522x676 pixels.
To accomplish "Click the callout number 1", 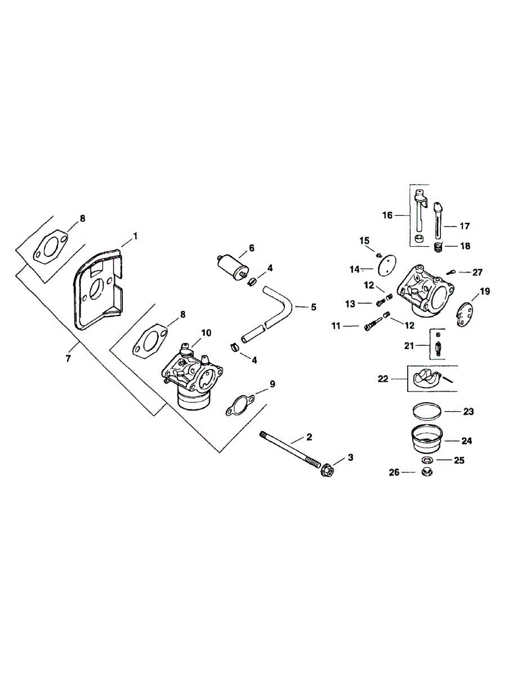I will [135, 234].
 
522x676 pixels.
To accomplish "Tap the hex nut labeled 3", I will [327, 469].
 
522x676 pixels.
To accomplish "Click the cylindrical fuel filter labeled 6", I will [231, 264].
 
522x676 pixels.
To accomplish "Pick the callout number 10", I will [206, 332].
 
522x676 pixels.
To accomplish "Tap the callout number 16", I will [387, 215].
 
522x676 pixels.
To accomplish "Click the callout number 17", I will [465, 226].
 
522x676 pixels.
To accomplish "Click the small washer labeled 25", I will [426, 460].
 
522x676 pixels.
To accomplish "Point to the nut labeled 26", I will [426, 472].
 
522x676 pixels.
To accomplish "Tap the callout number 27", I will [478, 272].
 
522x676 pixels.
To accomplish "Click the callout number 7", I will [68, 358].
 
